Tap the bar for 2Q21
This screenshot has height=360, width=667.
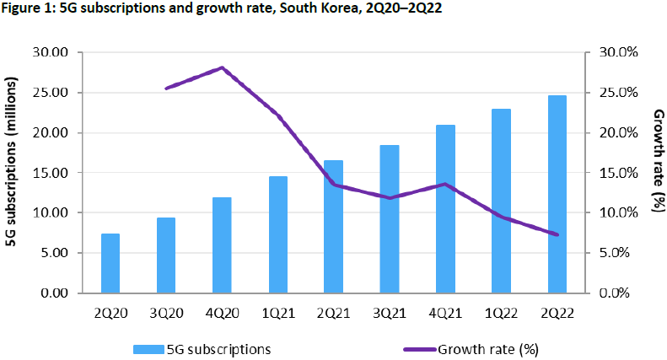pyautogui.click(x=333, y=226)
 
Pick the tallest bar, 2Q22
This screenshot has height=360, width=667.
pyautogui.click(x=557, y=194)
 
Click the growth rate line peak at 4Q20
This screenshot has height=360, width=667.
pyautogui.click(x=222, y=67)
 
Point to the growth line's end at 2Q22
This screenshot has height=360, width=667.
pyautogui.click(x=557, y=234)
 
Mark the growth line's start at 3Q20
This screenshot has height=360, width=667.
pyautogui.click(x=166, y=88)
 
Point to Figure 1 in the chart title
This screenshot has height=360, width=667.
pyautogui.click(x=25, y=9)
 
